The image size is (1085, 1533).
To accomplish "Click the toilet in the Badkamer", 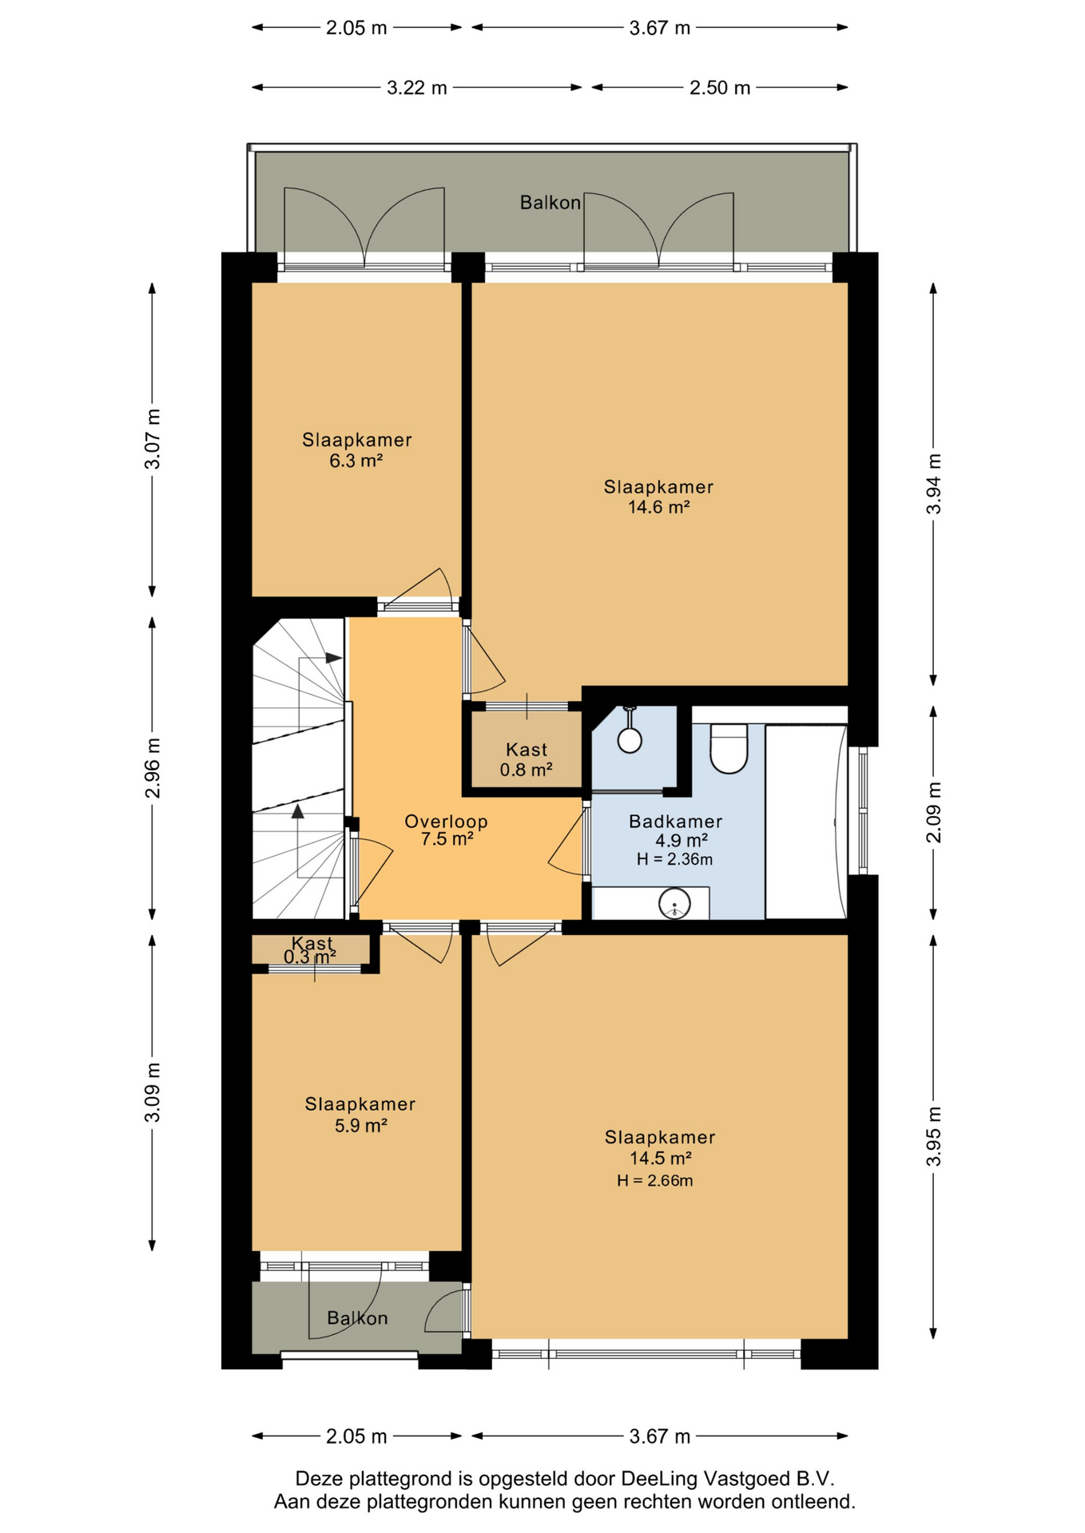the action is [728, 748].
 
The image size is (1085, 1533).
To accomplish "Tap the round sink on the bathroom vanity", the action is [674, 904].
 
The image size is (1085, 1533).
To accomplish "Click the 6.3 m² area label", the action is [356, 461].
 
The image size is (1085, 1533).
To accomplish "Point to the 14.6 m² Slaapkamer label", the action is [658, 497].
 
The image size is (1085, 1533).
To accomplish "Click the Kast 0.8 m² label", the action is [527, 759].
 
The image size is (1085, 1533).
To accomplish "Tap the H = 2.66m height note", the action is [654, 1181].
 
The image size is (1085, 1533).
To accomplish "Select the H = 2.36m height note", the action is [674, 860].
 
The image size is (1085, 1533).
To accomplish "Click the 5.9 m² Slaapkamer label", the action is [360, 1115].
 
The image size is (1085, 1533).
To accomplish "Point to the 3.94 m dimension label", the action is [933, 484].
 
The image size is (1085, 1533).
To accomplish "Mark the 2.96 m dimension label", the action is [152, 768].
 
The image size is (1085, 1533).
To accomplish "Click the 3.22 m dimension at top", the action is [417, 88].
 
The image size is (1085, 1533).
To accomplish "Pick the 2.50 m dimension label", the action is [720, 88].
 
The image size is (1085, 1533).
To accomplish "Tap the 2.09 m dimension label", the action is [933, 812].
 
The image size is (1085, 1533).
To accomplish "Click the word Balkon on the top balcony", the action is [550, 203].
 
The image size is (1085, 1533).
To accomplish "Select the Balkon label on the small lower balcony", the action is [357, 1318].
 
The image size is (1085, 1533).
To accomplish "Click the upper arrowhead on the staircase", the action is [334, 658].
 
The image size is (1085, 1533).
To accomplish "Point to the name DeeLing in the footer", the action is [655, 1479].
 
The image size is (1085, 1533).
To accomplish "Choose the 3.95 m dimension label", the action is [933, 1136].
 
